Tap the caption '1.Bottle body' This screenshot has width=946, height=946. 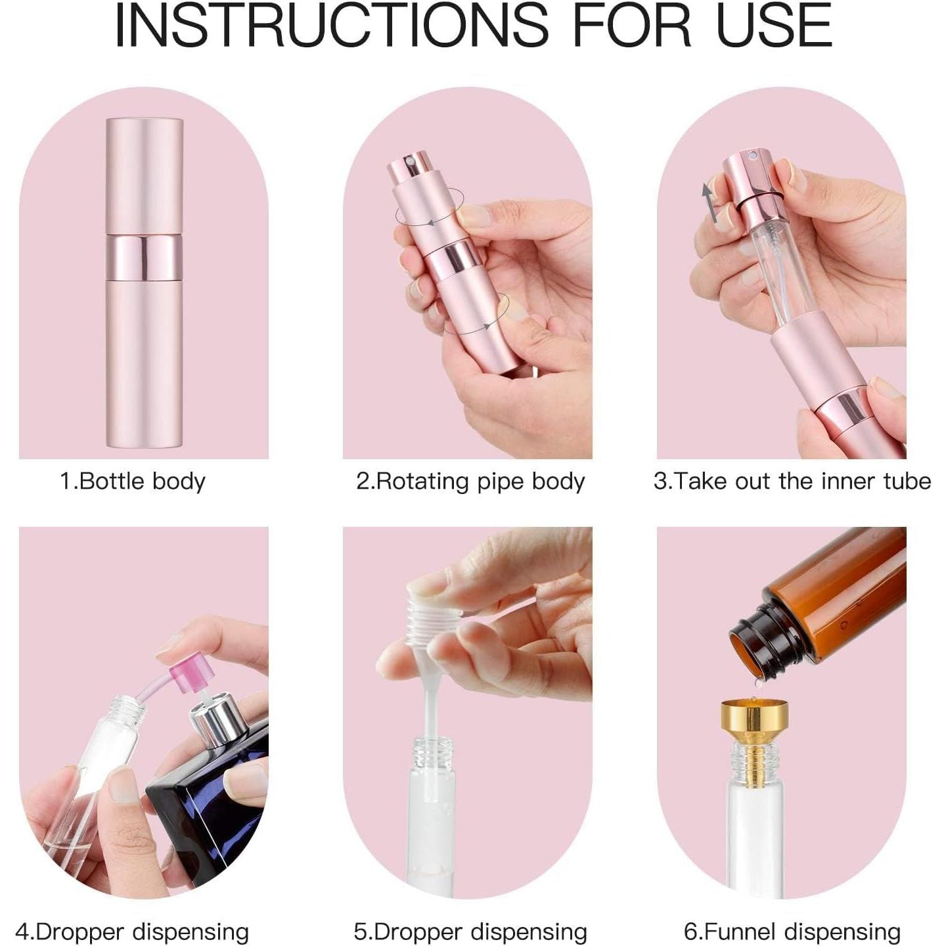(133, 481)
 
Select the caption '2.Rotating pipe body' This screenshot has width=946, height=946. (470, 481)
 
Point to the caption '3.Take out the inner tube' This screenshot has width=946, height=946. (792, 481)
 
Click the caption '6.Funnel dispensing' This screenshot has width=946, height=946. (792, 931)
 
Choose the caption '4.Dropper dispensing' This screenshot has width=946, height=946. (133, 931)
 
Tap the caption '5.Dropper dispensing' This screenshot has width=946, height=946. (470, 931)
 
